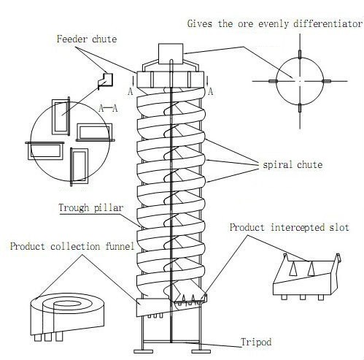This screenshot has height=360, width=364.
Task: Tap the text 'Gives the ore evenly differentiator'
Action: pyautogui.click(x=275, y=23)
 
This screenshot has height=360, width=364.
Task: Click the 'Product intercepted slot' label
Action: pyautogui.click(x=289, y=227)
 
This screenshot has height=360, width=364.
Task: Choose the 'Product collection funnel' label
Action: pyautogui.click(x=71, y=247)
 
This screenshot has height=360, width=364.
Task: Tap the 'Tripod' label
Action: pyautogui.click(x=257, y=342)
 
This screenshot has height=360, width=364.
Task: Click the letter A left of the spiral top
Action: pyautogui.click(x=130, y=91)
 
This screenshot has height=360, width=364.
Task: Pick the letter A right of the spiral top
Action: pyautogui.click(x=210, y=91)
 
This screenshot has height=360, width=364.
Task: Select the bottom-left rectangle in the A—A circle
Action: pyautogui.click(x=45, y=152)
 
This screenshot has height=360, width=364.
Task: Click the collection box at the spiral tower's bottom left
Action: pyautogui.click(x=147, y=307)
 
